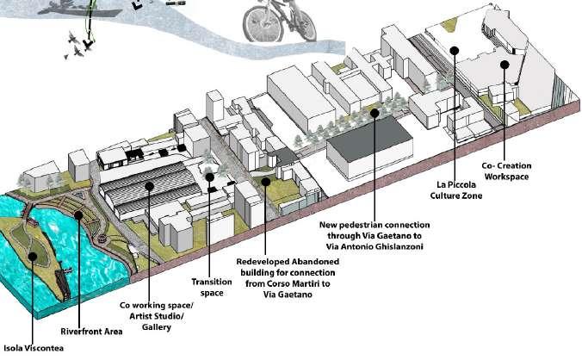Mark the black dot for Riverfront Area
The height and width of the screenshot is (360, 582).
78,216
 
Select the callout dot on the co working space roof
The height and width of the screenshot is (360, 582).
149,183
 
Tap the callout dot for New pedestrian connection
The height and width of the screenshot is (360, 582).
375,110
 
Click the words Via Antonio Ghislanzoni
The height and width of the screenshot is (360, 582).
375,246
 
